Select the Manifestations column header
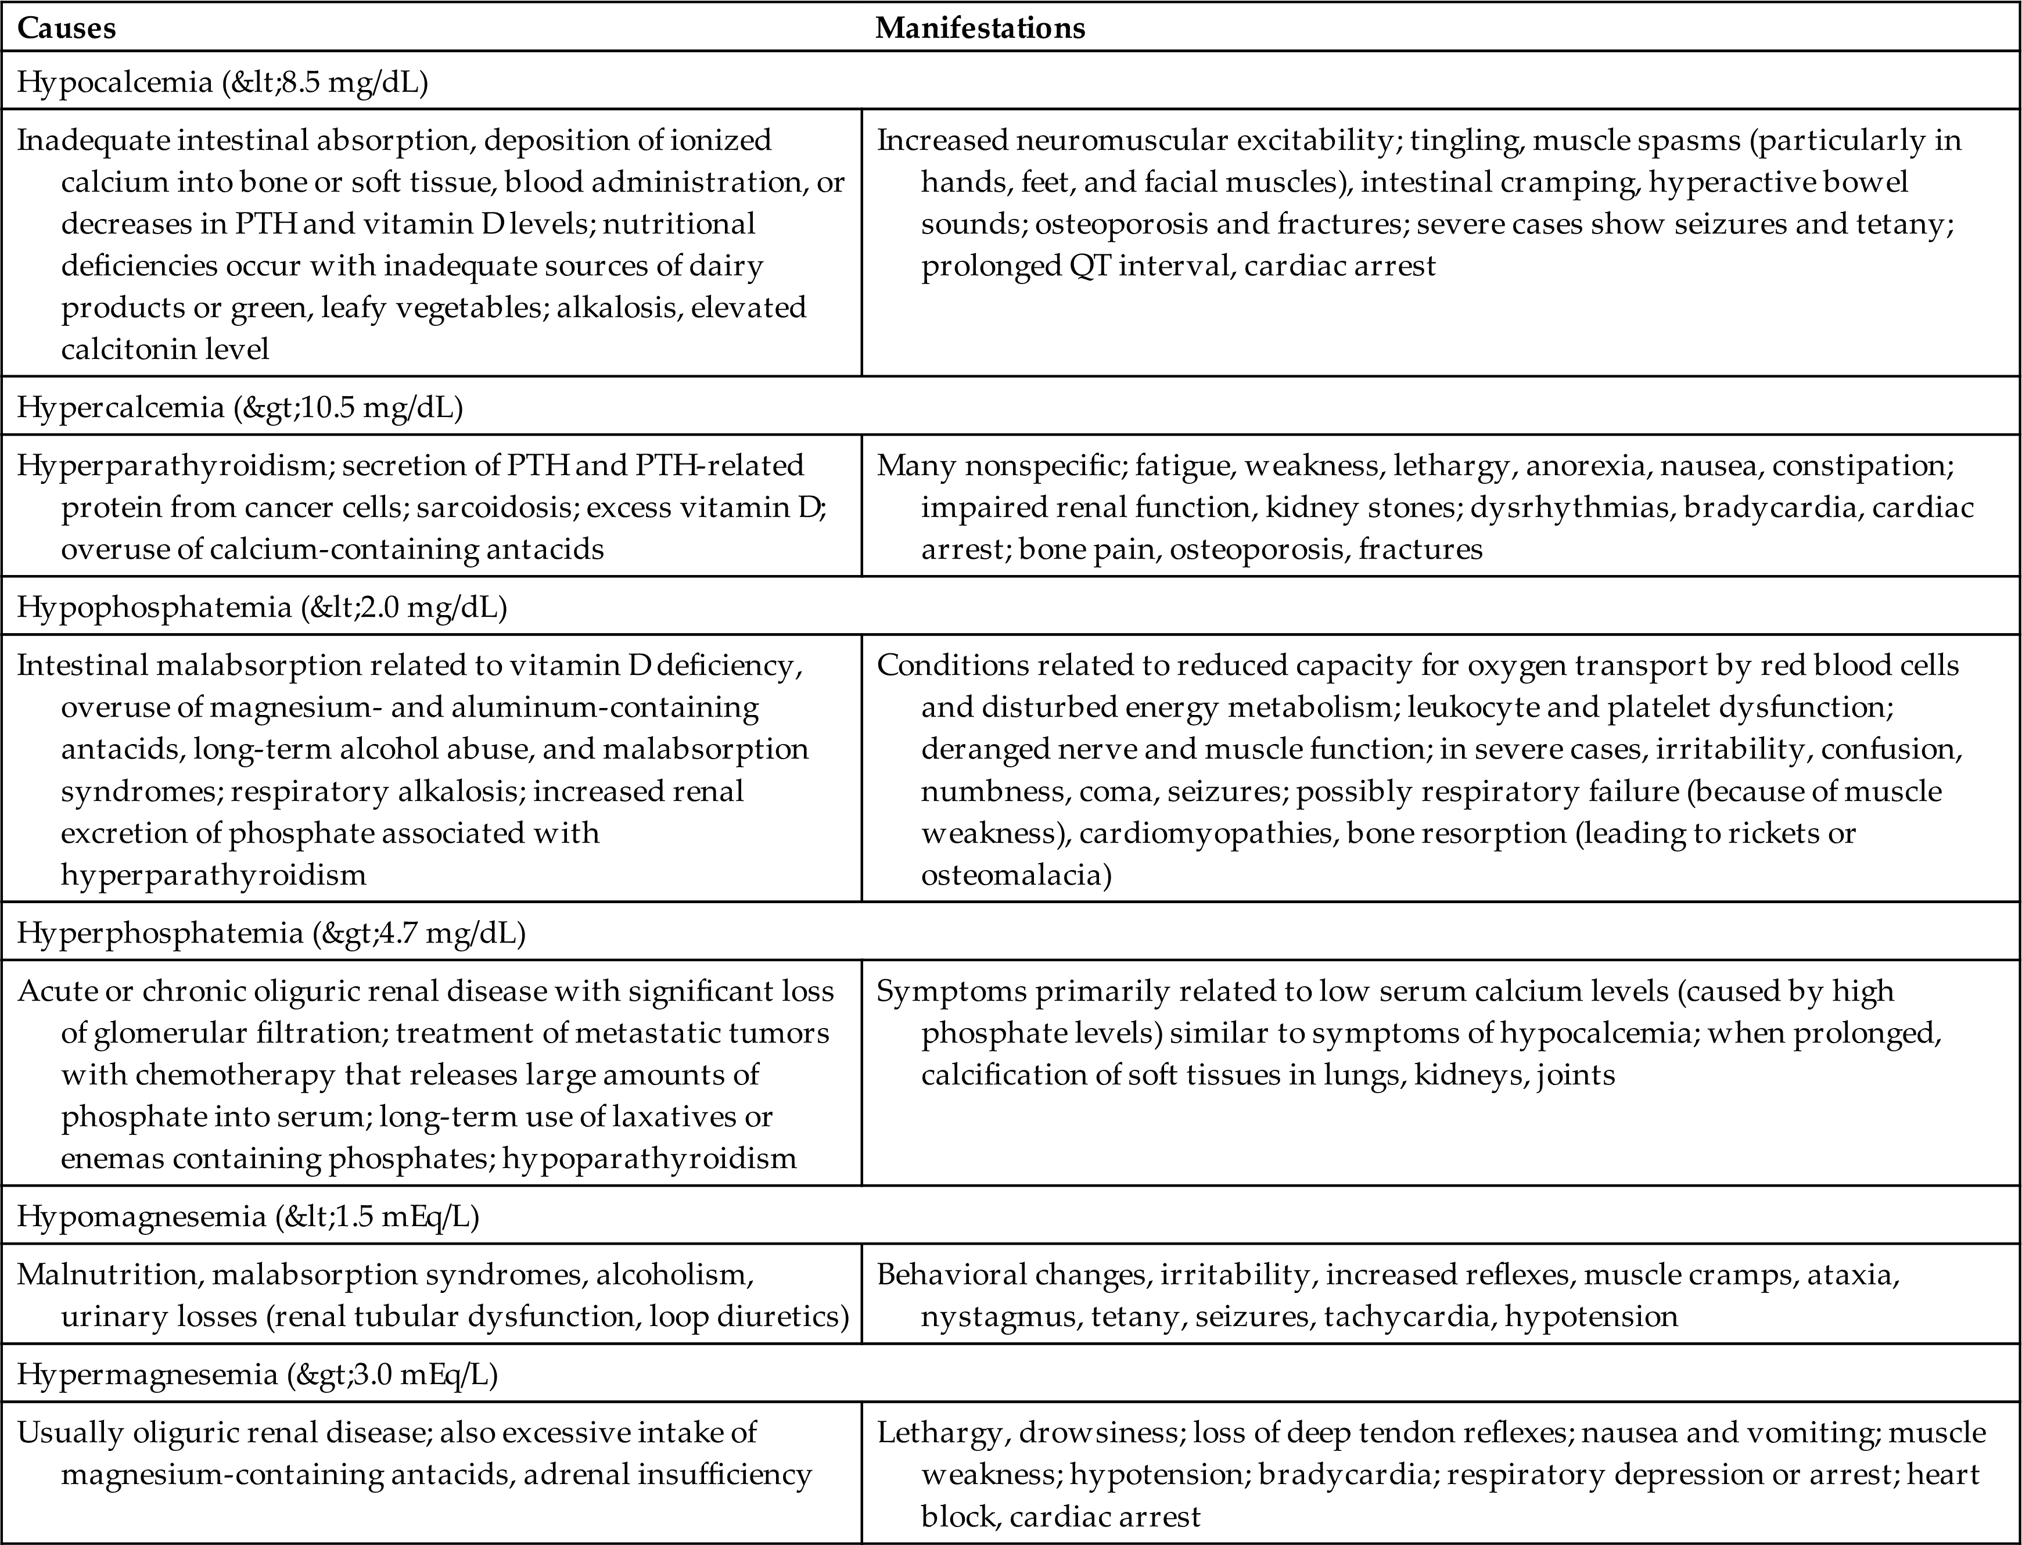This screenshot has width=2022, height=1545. (979, 28)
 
